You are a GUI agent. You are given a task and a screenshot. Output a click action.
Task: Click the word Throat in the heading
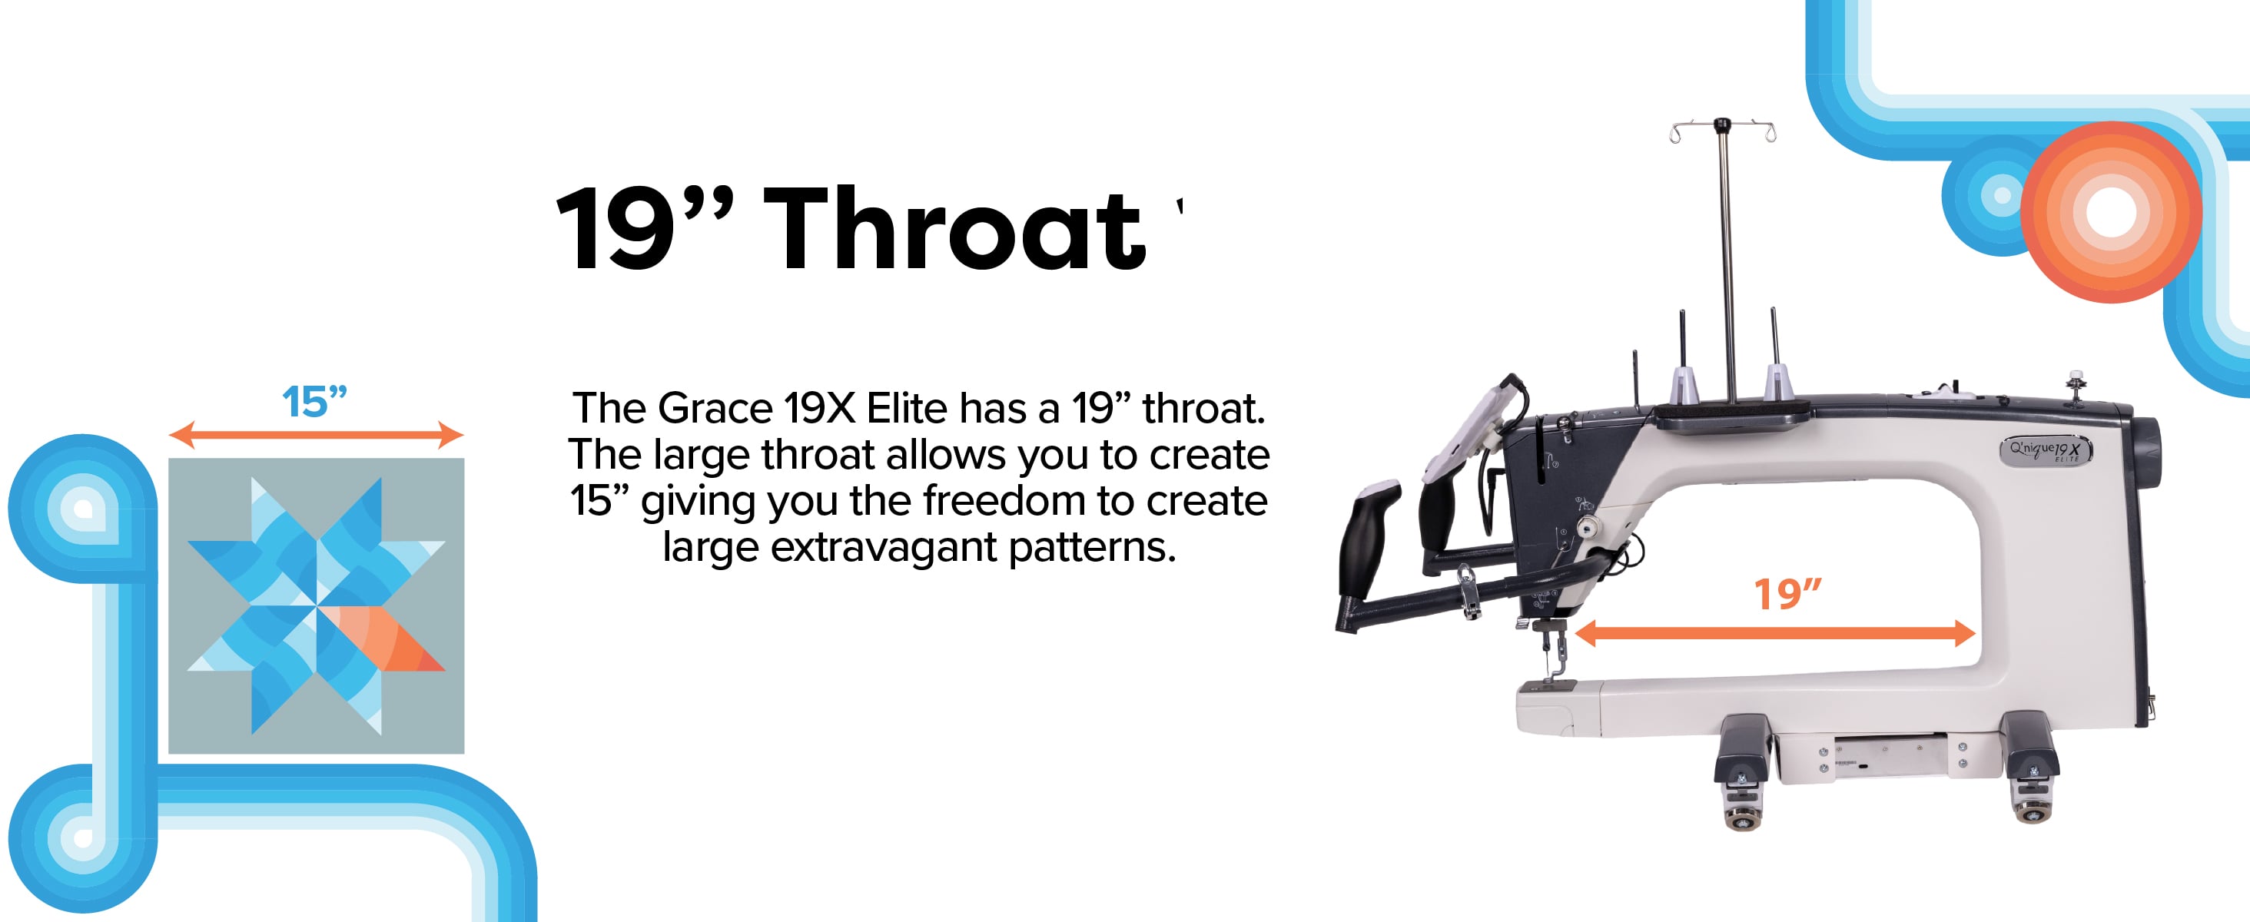[955, 230]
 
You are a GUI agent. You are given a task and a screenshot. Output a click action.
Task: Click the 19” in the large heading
[645, 229]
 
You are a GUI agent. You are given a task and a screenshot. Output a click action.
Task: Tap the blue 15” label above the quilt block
[315, 403]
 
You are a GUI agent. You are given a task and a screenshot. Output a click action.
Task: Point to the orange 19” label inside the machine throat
[1788, 595]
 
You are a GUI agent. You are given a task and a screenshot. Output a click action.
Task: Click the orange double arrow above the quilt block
[315, 435]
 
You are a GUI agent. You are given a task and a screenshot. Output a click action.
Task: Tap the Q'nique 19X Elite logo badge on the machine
[2046, 450]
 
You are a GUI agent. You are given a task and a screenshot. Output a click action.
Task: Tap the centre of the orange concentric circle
[2111, 212]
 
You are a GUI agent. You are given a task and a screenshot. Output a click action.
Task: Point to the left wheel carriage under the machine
[1744, 772]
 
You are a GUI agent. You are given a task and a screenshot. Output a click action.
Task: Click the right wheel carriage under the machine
[2031, 768]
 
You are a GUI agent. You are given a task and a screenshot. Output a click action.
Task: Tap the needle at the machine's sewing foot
[1554, 660]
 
